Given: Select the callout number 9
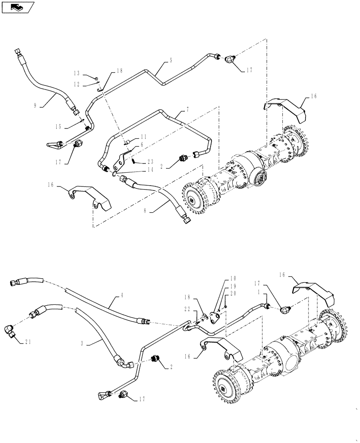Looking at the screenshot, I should pyautogui.click(x=35, y=105).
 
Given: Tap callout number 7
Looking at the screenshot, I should pyautogui.click(x=183, y=109).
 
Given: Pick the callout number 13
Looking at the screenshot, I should pyautogui.click(x=77, y=74).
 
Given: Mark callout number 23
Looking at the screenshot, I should pyautogui.click(x=150, y=161).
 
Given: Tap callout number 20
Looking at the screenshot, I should pyautogui.click(x=233, y=293).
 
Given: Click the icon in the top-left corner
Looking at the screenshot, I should pyautogui.click(x=18, y=7).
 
